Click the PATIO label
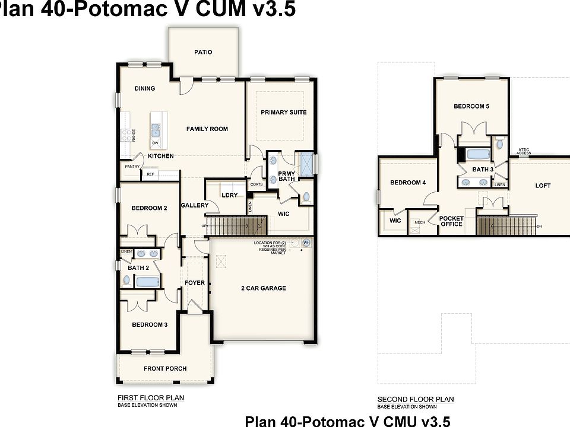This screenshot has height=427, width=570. tap(203, 52)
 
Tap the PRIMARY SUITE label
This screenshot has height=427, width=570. tap(283, 112)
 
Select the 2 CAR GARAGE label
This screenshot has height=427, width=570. tap(263, 288)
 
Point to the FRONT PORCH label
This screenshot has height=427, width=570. tap(165, 368)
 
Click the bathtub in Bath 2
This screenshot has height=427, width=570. tap(147, 282)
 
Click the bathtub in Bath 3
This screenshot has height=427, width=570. tap(479, 155)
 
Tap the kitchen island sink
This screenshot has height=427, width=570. tap(156, 129)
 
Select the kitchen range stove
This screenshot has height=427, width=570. tap(126, 135)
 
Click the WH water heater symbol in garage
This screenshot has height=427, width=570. tap(306, 243)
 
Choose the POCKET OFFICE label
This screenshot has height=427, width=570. tap(451, 221)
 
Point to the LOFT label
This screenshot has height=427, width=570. tap(543, 186)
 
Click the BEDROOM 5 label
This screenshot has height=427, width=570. tap(471, 107)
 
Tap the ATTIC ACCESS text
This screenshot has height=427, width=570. tap(524, 152)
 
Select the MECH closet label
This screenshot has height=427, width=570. tap(419, 222)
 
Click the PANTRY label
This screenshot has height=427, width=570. tap(131, 167)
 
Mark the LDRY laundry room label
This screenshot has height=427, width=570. tap(230, 195)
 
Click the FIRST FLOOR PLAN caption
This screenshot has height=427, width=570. tap(151, 398)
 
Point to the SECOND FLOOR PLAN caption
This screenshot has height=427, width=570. tap(416, 399)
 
